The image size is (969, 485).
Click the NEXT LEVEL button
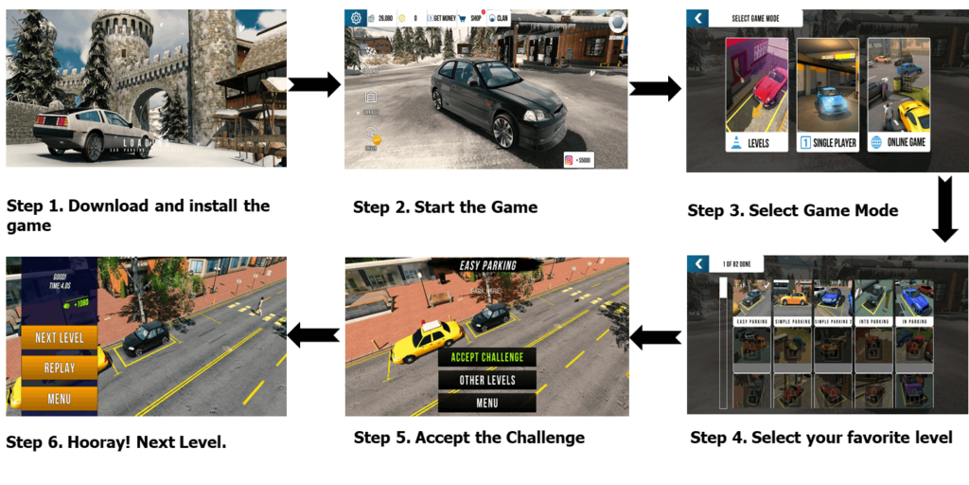click(59, 338)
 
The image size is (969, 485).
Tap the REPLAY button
click(59, 368)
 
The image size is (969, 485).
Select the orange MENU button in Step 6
click(59, 399)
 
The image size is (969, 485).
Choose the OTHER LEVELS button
click(486, 380)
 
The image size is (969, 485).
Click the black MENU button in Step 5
click(486, 403)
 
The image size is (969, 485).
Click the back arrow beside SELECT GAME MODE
click(697, 18)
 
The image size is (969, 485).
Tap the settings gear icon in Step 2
click(356, 18)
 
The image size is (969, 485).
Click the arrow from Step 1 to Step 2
click(313, 85)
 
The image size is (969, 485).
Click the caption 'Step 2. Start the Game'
click(445, 207)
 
